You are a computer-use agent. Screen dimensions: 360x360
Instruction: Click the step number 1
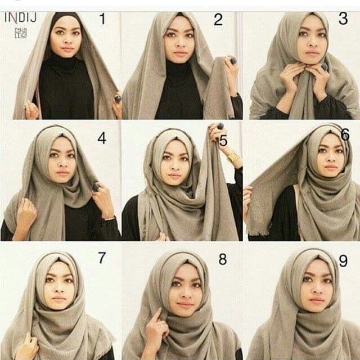click(x=102, y=20)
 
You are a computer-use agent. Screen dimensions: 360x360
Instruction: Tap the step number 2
click(x=218, y=21)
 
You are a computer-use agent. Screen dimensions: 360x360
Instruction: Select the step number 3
click(x=343, y=19)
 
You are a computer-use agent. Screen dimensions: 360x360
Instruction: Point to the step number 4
click(x=101, y=137)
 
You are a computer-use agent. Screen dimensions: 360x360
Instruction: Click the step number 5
click(x=223, y=141)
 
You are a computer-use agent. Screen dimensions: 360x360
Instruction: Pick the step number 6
click(x=345, y=135)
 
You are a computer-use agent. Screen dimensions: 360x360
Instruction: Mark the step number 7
click(x=102, y=258)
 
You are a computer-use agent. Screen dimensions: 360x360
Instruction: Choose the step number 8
click(x=223, y=259)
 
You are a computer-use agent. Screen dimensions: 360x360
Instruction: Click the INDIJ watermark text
click(x=21, y=17)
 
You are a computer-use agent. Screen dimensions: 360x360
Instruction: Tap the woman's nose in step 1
click(x=66, y=42)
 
